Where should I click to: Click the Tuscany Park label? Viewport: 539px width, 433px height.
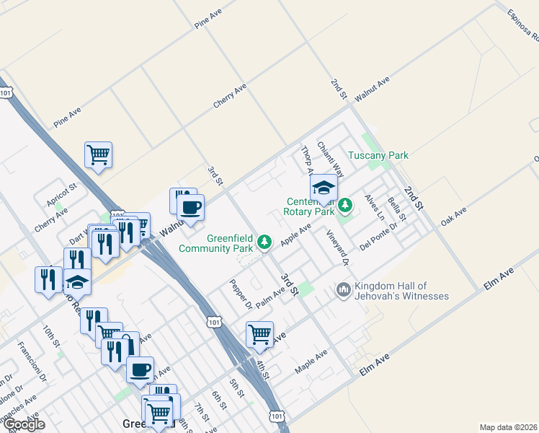pyautogui.click(x=378, y=155)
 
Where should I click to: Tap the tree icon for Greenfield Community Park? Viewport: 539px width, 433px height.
pyautogui.click(x=265, y=241)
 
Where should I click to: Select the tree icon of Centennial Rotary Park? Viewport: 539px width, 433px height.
pyautogui.click(x=345, y=206)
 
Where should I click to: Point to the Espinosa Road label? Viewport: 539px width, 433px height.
pyautogui.click(x=522, y=25)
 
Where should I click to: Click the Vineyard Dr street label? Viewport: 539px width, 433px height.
pyautogui.click(x=337, y=248)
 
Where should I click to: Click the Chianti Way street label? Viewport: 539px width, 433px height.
pyautogui.click(x=331, y=159)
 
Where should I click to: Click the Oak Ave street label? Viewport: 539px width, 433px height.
pyautogui.click(x=454, y=216)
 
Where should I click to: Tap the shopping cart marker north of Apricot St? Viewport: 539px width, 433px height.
pyautogui.click(x=98, y=154)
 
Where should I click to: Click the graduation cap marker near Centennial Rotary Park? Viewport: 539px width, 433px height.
pyautogui.click(x=324, y=188)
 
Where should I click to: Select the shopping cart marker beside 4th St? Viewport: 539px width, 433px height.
pyautogui.click(x=259, y=334)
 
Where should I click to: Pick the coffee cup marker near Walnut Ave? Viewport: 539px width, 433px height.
pyautogui.click(x=190, y=208)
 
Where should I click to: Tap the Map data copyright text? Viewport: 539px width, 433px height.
pyautogui.click(x=509, y=427)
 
